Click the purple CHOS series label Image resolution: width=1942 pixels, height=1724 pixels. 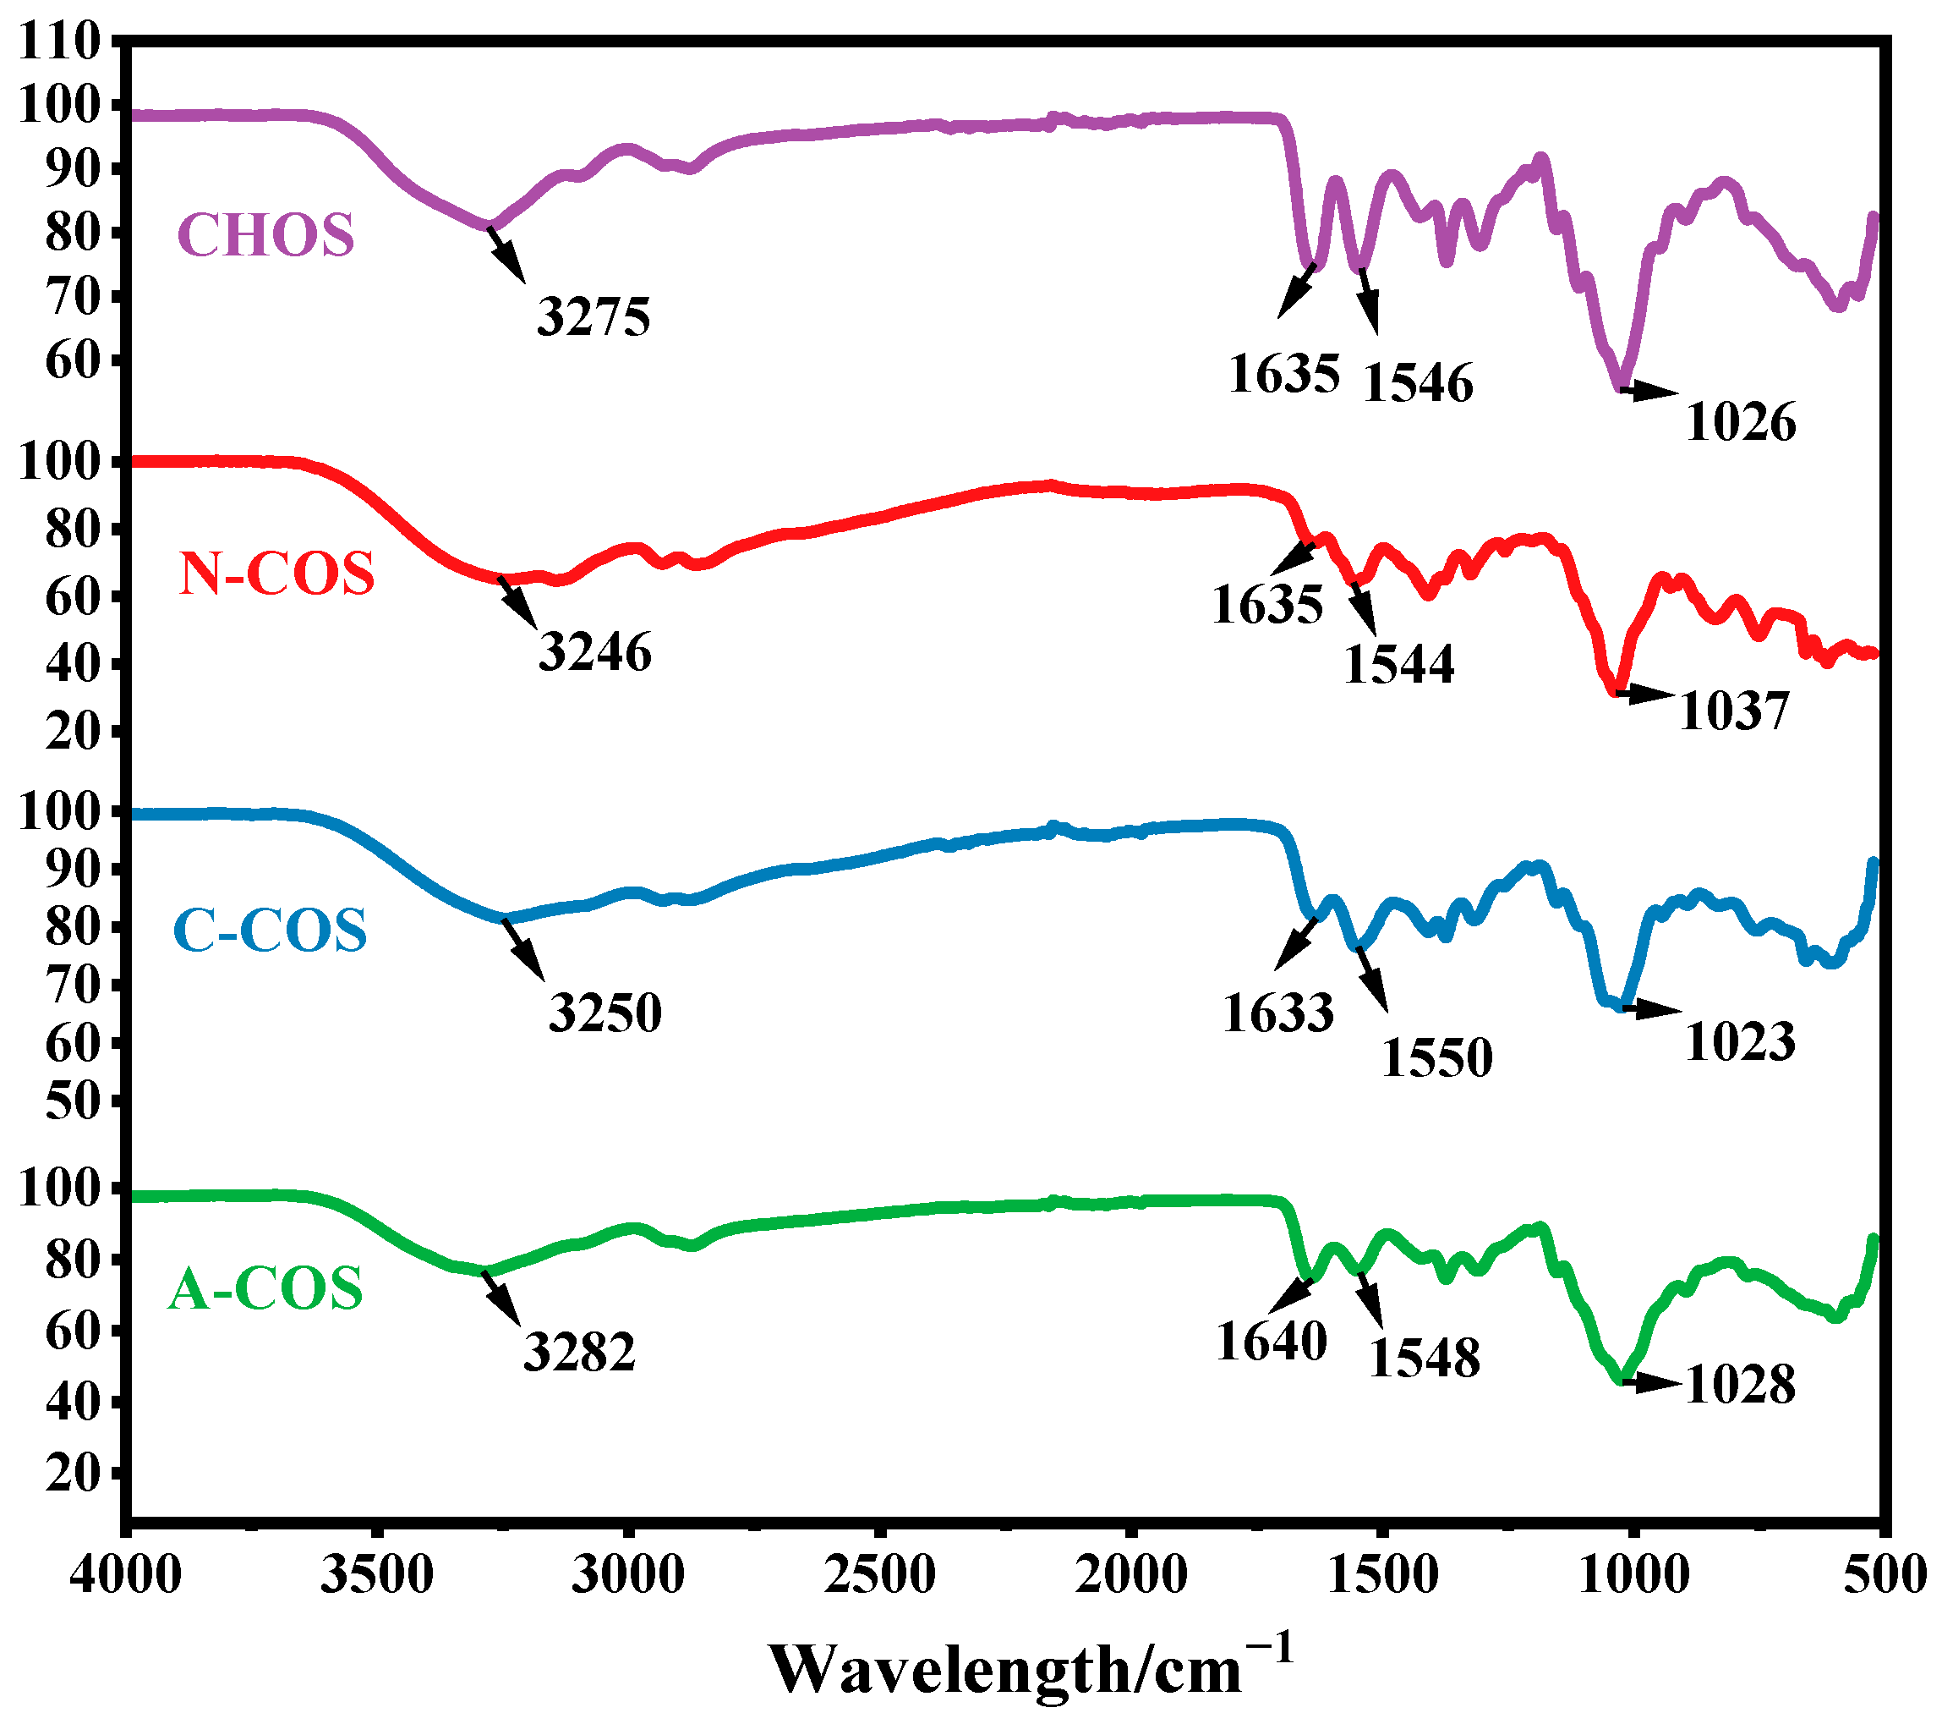coord(266,235)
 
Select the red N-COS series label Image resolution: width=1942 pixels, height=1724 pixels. coord(276,574)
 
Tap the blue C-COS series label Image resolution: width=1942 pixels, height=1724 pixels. coord(270,931)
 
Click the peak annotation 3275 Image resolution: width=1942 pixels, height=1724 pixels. coord(594,316)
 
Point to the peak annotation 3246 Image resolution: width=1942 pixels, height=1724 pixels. coord(594,652)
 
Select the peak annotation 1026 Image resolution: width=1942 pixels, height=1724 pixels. coord(1741,422)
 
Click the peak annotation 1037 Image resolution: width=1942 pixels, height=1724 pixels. coord(1734,711)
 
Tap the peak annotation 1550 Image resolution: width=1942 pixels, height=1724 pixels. coord(1436,1057)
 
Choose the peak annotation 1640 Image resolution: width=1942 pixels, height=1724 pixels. coord(1272,1342)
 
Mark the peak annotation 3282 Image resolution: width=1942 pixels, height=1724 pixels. coord(578,1352)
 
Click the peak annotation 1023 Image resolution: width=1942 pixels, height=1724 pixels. coord(1740,1042)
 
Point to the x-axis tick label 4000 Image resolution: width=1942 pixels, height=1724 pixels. coord(125,1576)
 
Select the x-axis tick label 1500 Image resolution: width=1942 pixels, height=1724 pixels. coord(1382,1576)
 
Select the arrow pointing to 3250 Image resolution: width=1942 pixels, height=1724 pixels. coord(524,947)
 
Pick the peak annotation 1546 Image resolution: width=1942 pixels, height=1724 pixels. coord(1418,383)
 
